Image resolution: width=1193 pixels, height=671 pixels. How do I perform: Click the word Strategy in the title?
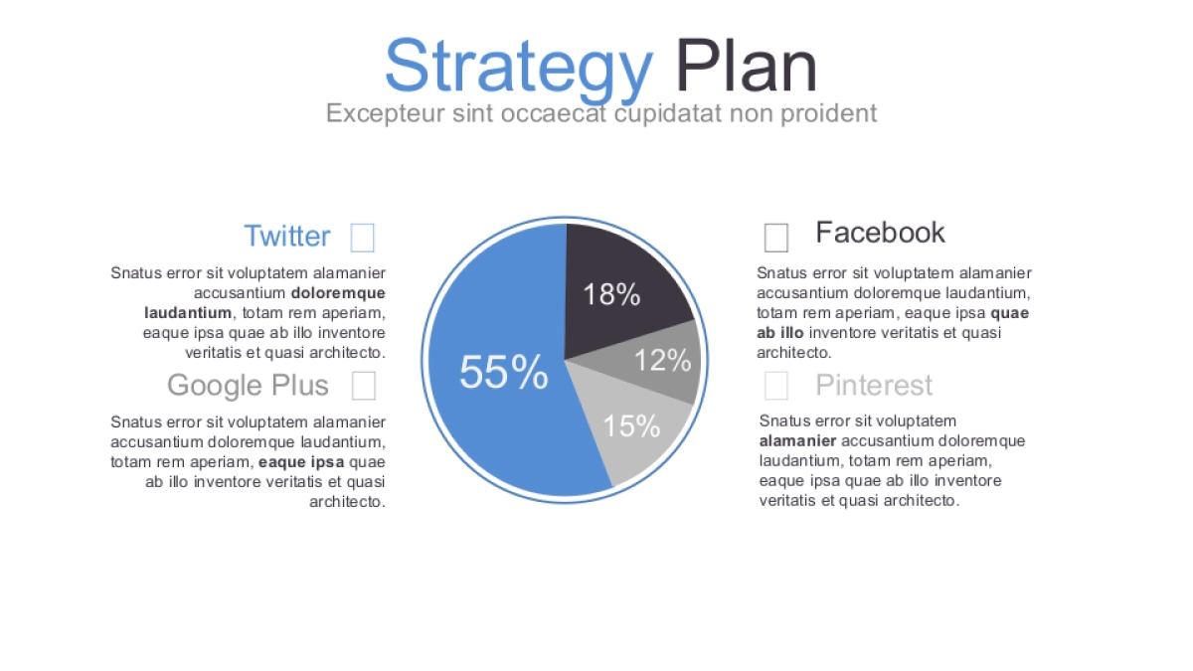pos(519,69)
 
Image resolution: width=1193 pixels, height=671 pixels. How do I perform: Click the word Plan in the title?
pos(747,66)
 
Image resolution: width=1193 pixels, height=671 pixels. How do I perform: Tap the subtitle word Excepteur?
pos(385,113)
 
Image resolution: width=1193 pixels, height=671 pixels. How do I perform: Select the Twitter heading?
pos(287,236)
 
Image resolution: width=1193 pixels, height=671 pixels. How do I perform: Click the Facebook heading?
pos(881,233)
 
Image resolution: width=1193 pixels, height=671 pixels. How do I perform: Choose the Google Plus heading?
pos(248,385)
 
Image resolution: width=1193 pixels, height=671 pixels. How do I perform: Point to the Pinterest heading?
pos(874,385)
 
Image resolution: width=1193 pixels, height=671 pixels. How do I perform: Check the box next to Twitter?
pos(363,238)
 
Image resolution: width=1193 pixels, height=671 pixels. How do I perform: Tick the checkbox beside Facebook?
pos(776,238)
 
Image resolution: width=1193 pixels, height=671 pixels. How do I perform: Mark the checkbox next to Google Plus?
pos(364,386)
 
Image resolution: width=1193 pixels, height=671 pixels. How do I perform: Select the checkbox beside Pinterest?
pos(776,386)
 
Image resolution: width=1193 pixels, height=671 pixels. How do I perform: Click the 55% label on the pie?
pos(504,372)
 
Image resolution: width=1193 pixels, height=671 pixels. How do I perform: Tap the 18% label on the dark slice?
pos(611,294)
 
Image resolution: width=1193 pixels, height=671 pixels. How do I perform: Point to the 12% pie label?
pos(663,360)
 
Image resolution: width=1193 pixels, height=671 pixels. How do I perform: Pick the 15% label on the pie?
pos(631,426)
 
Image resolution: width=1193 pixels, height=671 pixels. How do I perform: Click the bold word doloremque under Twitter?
pos(338,293)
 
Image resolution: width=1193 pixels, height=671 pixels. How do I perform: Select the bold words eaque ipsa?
pos(301,462)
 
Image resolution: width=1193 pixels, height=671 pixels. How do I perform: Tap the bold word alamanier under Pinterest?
pos(797,441)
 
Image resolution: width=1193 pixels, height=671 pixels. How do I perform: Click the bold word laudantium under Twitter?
pos(188,312)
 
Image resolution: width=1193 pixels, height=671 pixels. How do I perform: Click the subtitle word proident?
pos(829,114)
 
